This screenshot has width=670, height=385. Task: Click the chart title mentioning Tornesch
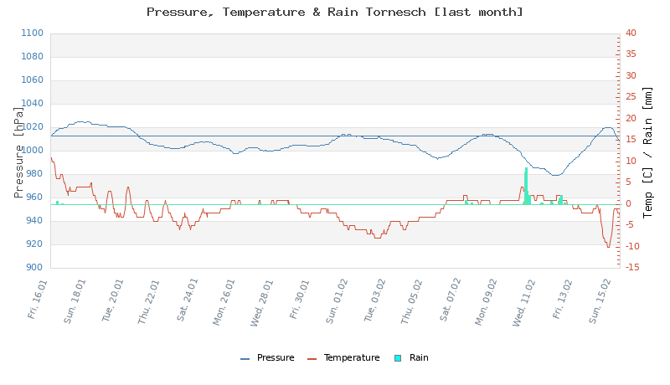click(335, 12)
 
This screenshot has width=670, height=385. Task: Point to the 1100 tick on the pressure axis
click(31, 33)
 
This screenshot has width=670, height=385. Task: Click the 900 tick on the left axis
click(33, 268)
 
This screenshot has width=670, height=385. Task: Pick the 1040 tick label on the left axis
click(31, 104)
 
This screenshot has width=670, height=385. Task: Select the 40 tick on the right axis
click(631, 33)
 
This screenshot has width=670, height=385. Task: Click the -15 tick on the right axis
click(632, 268)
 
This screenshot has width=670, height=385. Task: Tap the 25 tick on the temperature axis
click(631, 97)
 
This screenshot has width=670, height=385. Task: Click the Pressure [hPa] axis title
click(20, 151)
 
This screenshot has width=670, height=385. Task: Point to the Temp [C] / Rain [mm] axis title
click(647, 151)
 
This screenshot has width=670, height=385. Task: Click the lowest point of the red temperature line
click(609, 247)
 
